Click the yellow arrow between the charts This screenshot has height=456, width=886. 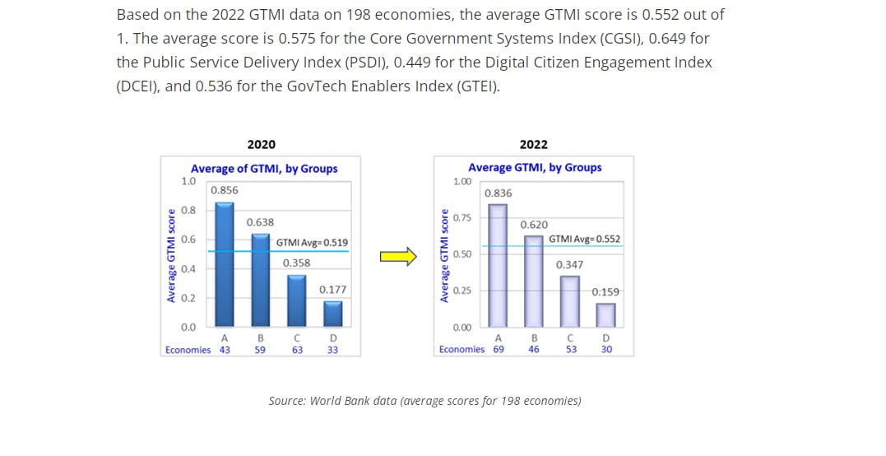click(x=398, y=257)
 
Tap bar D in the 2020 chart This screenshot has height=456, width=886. click(x=332, y=314)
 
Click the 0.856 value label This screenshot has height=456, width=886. click(x=225, y=190)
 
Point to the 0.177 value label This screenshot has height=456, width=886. click(x=332, y=290)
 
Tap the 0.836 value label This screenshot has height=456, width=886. click(x=498, y=193)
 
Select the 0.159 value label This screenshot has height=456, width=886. click(x=605, y=292)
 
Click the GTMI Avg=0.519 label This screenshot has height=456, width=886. click(x=312, y=243)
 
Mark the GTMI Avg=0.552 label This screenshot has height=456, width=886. click(x=585, y=240)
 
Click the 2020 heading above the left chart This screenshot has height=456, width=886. click(x=262, y=145)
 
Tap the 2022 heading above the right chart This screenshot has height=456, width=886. click(x=534, y=145)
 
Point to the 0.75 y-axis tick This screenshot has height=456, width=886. click(x=462, y=218)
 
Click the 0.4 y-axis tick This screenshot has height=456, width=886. click(x=188, y=269)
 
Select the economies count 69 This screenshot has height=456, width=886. click(x=499, y=349)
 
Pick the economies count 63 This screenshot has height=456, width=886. click(x=297, y=350)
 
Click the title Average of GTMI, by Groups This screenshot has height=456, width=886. click(x=264, y=169)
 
